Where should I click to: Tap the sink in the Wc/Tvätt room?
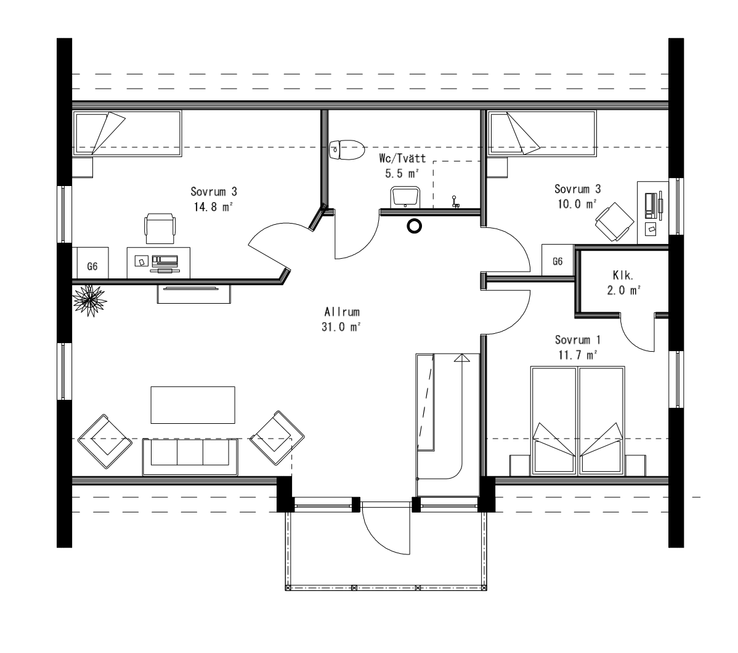tap(405, 197)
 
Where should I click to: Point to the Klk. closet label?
tap(623, 275)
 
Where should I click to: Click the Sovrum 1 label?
tap(577, 340)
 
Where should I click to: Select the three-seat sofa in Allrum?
tap(190, 456)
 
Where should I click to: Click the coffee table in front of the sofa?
tap(193, 405)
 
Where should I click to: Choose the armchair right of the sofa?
tap(277, 438)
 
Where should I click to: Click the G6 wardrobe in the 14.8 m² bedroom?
tap(92, 263)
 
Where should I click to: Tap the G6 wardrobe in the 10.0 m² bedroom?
tap(558, 260)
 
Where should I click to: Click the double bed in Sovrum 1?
tap(578, 421)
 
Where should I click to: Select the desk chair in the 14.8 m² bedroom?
tap(160, 228)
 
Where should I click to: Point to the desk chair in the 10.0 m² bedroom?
tap(614, 221)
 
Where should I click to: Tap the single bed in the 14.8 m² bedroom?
tap(128, 133)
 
